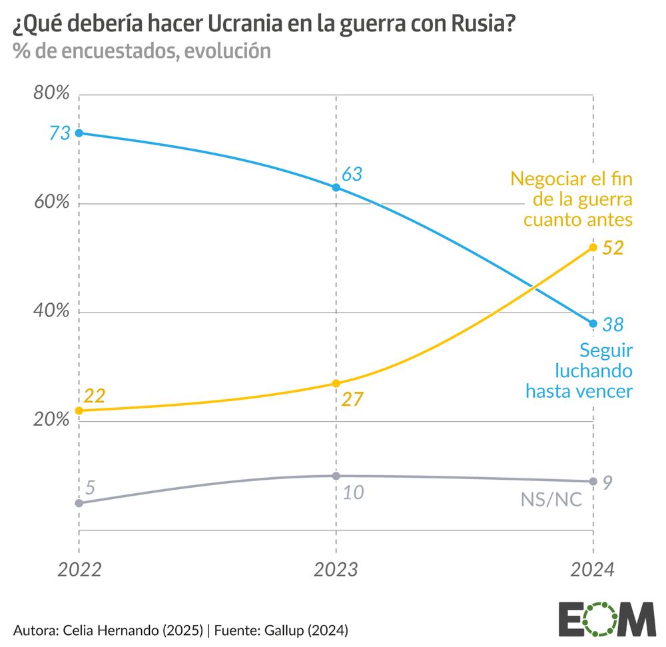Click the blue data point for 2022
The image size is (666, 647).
(x=79, y=133)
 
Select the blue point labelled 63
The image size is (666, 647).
(x=336, y=187)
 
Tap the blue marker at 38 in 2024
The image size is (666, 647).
(x=593, y=324)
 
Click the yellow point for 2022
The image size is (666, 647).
(x=79, y=410)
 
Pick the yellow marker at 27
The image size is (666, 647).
(x=336, y=383)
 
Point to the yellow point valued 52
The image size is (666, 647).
(x=593, y=247)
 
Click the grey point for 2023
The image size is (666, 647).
(x=336, y=476)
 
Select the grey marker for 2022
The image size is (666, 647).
(x=79, y=503)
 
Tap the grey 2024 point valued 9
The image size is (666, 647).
(x=593, y=481)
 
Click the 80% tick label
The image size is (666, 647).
(x=51, y=93)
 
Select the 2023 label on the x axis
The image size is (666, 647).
(x=336, y=570)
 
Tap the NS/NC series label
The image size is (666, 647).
(x=551, y=499)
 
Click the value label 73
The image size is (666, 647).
(x=59, y=133)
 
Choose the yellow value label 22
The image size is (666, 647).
(x=94, y=395)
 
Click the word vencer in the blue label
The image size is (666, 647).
(x=603, y=390)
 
